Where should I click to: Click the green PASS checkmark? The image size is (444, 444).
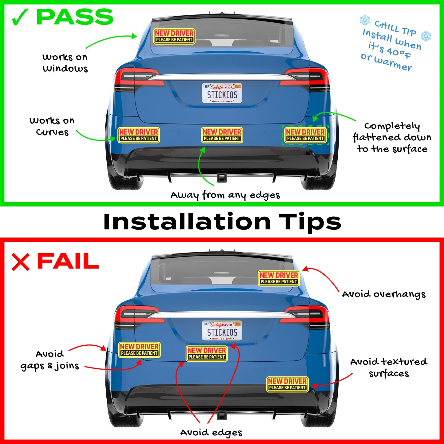[20, 17]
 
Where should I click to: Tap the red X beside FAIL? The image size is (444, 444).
[21, 262]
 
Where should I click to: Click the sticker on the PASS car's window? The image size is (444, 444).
[174, 36]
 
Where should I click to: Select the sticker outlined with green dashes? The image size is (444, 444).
[305, 135]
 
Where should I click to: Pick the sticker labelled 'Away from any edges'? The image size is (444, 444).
[222, 135]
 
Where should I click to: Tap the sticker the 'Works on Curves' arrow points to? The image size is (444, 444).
[139, 135]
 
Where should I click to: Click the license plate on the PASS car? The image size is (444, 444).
[222, 93]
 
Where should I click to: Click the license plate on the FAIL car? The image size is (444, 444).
[222, 330]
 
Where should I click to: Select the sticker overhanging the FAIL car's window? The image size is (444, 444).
[279, 278]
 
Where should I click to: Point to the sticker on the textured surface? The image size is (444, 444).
[287, 384]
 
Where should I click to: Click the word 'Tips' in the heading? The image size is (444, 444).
[310, 222]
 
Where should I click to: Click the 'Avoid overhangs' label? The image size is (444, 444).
[384, 294]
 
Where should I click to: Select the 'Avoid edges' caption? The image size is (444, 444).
[211, 433]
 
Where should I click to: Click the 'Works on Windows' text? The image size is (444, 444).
[65, 63]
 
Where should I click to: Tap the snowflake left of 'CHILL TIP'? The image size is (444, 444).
[365, 20]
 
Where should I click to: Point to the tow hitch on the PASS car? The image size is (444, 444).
[222, 178]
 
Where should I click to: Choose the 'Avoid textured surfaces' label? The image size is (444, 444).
[389, 367]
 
